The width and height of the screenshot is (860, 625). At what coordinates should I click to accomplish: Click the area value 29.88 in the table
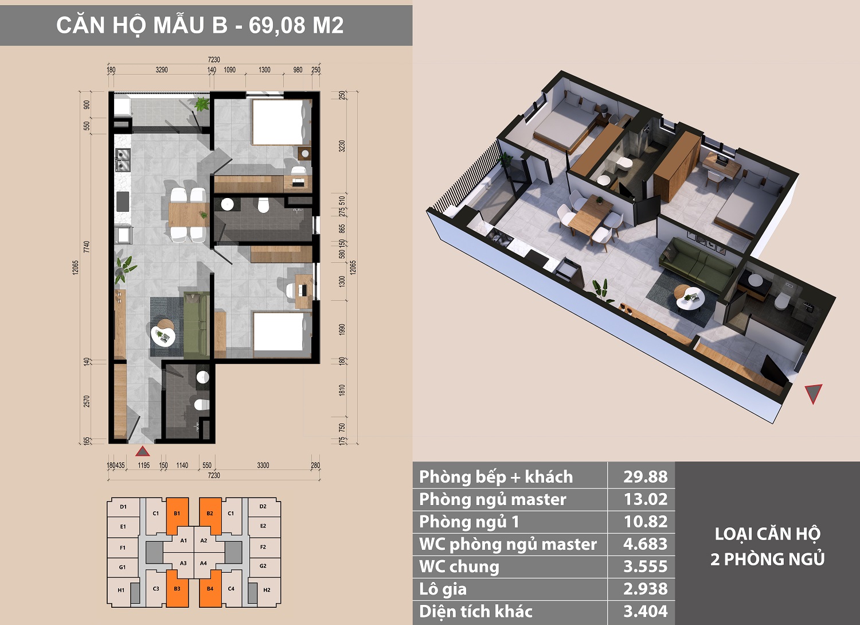point(646,476)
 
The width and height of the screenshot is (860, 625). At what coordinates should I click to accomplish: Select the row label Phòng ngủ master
point(492,499)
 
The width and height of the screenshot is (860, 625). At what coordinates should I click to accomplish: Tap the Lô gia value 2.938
point(646,589)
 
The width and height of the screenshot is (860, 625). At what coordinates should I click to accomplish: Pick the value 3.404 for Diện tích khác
point(646,611)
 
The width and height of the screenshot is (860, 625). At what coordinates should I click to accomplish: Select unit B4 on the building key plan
point(210,588)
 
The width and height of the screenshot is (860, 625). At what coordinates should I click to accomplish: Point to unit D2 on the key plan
point(263,507)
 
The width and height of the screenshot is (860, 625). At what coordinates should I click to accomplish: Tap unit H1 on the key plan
point(121,590)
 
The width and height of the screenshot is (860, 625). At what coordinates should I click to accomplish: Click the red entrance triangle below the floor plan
point(142,451)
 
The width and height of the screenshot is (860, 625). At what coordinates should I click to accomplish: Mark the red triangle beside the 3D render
point(813,393)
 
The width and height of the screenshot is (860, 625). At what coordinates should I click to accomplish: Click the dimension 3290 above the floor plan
point(162,70)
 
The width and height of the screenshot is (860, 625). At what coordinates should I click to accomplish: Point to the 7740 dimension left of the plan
point(87,247)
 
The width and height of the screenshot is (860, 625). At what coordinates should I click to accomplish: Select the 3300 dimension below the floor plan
point(263,465)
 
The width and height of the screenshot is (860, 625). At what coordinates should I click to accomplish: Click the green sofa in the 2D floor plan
point(197,324)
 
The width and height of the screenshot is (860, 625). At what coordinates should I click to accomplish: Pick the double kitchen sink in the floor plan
point(123,160)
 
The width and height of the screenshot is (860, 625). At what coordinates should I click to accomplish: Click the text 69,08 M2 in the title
point(296,25)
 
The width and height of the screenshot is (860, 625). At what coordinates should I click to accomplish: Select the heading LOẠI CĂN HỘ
point(768,534)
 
